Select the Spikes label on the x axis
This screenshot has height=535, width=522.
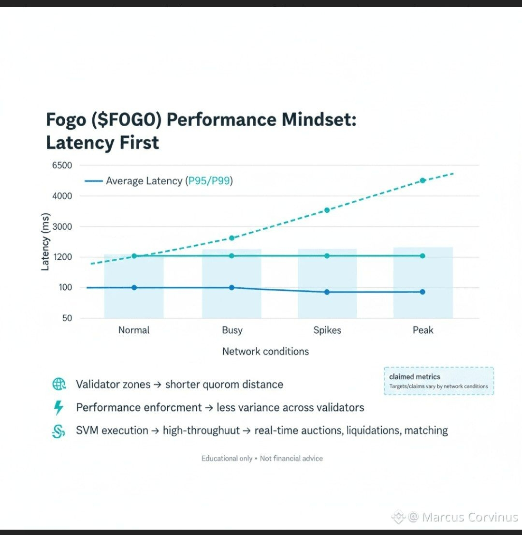click(x=327, y=330)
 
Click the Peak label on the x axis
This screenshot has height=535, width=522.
click(x=423, y=330)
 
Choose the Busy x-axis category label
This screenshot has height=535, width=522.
click(x=232, y=330)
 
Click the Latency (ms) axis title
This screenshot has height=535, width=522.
click(x=45, y=241)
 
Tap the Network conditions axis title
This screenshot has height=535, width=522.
click(x=265, y=351)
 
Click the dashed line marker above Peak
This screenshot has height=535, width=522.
click(x=422, y=180)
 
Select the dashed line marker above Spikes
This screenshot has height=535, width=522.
click(x=327, y=210)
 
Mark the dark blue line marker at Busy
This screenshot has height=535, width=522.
click(x=232, y=287)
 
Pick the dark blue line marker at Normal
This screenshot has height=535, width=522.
click(x=134, y=287)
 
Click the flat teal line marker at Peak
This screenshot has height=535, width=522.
click(x=422, y=255)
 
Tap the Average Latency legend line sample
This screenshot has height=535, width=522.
click(x=93, y=181)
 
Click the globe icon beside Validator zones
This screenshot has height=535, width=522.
click(x=58, y=385)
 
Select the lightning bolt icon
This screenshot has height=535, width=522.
click(x=58, y=408)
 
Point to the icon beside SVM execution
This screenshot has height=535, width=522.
click(x=58, y=431)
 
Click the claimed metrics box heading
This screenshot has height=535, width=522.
click(x=415, y=377)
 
